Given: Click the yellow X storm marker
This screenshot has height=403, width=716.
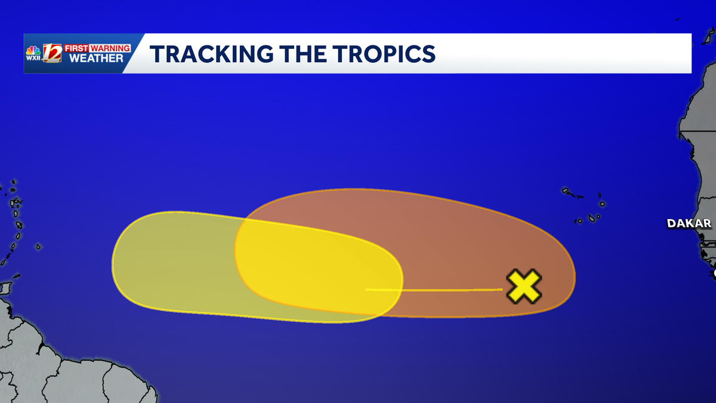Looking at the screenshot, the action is point(524,286).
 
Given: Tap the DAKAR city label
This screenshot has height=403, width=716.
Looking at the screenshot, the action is point(689,223).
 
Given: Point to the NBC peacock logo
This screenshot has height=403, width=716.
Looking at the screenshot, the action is point(33,51).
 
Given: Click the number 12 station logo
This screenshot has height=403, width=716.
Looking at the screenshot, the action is point(52,53).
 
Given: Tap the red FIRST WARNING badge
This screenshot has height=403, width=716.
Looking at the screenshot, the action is point(97,48).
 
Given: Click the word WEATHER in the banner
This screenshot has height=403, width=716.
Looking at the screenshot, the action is point(96,59).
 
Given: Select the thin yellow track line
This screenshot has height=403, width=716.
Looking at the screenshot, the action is point(434,290).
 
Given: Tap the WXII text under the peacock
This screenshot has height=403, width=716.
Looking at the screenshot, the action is point(33,58).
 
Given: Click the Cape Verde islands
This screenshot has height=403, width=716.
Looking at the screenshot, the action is point(584,205).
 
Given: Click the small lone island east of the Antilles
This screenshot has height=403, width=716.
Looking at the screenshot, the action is point(38,247).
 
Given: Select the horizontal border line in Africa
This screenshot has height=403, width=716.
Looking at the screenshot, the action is point(698,131).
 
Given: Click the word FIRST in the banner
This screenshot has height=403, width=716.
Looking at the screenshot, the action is point(76,48).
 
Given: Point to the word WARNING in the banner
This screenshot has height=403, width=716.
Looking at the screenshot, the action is point(110,48).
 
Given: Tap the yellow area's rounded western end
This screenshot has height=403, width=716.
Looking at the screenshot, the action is point(113,262).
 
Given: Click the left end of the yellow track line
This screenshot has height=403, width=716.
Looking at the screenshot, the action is point(366,290).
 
